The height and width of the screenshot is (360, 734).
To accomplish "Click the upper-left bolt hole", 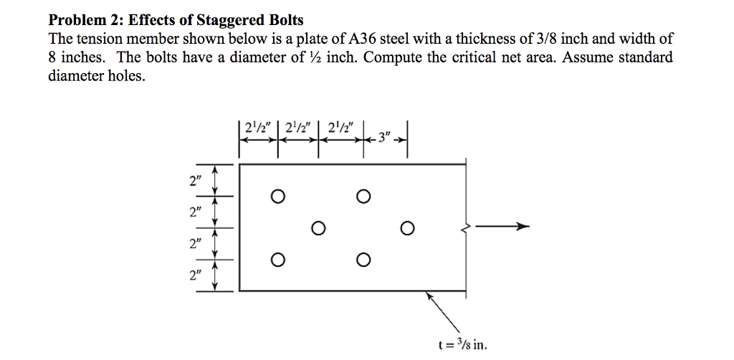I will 278,196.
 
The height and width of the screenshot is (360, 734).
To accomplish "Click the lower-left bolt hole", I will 278,259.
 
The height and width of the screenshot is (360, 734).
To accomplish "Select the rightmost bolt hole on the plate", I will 407,228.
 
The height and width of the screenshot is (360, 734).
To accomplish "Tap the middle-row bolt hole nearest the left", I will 319,228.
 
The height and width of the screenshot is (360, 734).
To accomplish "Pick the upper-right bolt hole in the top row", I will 363,196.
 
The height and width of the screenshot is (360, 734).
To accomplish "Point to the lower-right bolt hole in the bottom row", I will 363,259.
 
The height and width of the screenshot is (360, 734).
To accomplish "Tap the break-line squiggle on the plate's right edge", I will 467,227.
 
